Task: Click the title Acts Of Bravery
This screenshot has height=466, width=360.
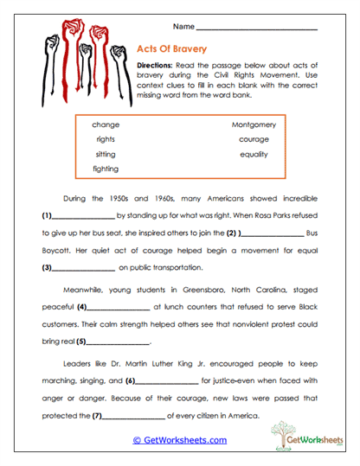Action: click(x=177, y=50)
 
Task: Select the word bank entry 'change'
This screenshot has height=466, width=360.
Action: click(x=106, y=124)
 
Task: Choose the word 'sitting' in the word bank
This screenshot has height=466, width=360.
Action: click(x=106, y=154)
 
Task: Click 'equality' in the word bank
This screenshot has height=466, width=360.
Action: click(x=254, y=154)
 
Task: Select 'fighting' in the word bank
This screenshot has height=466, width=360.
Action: click(x=106, y=169)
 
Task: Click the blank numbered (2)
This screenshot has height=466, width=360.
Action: click(x=273, y=233)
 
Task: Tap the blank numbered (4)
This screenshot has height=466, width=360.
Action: click(x=119, y=307)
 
